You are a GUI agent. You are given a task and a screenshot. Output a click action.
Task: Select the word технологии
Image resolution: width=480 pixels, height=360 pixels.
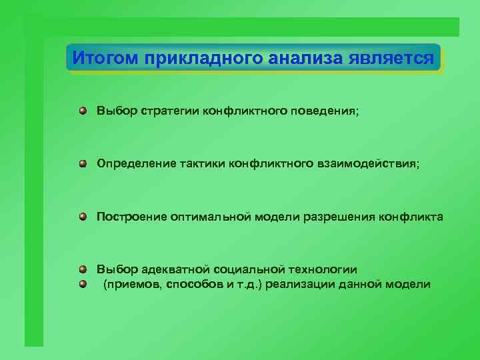[x=322, y=269]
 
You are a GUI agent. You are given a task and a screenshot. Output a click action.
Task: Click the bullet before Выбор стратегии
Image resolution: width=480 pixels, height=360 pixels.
[x=82, y=110]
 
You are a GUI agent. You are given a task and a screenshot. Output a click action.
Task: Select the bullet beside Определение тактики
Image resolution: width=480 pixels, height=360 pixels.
[x=82, y=163]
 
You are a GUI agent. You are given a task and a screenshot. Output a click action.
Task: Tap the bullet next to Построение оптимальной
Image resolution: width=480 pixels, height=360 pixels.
[x=82, y=216]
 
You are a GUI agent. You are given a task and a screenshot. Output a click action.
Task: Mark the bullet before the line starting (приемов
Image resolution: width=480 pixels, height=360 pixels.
[x=82, y=285]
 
